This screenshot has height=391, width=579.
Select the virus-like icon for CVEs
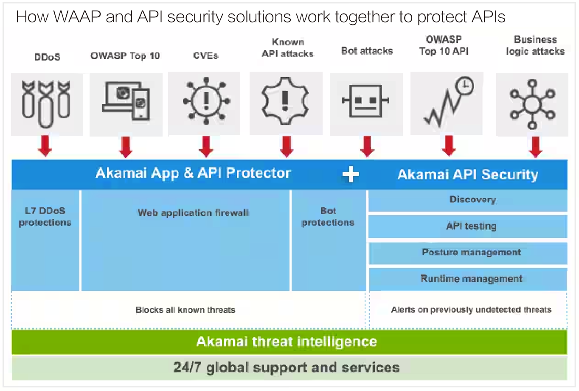(206, 101)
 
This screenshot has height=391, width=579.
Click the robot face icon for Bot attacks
(366, 101)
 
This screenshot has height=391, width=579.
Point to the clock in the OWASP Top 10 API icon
(465, 86)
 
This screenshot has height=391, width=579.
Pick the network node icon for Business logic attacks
(532, 104)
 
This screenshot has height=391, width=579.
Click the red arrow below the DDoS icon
(45, 145)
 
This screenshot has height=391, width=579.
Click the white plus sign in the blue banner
(351, 174)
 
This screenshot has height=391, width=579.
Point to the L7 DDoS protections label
(45, 217)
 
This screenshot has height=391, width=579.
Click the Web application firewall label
(193, 213)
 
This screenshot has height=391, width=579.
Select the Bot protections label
(328, 217)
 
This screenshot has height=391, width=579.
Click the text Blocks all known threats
(185, 310)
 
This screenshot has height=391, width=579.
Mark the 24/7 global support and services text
(287, 368)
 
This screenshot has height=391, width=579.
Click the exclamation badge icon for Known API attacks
(285, 101)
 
